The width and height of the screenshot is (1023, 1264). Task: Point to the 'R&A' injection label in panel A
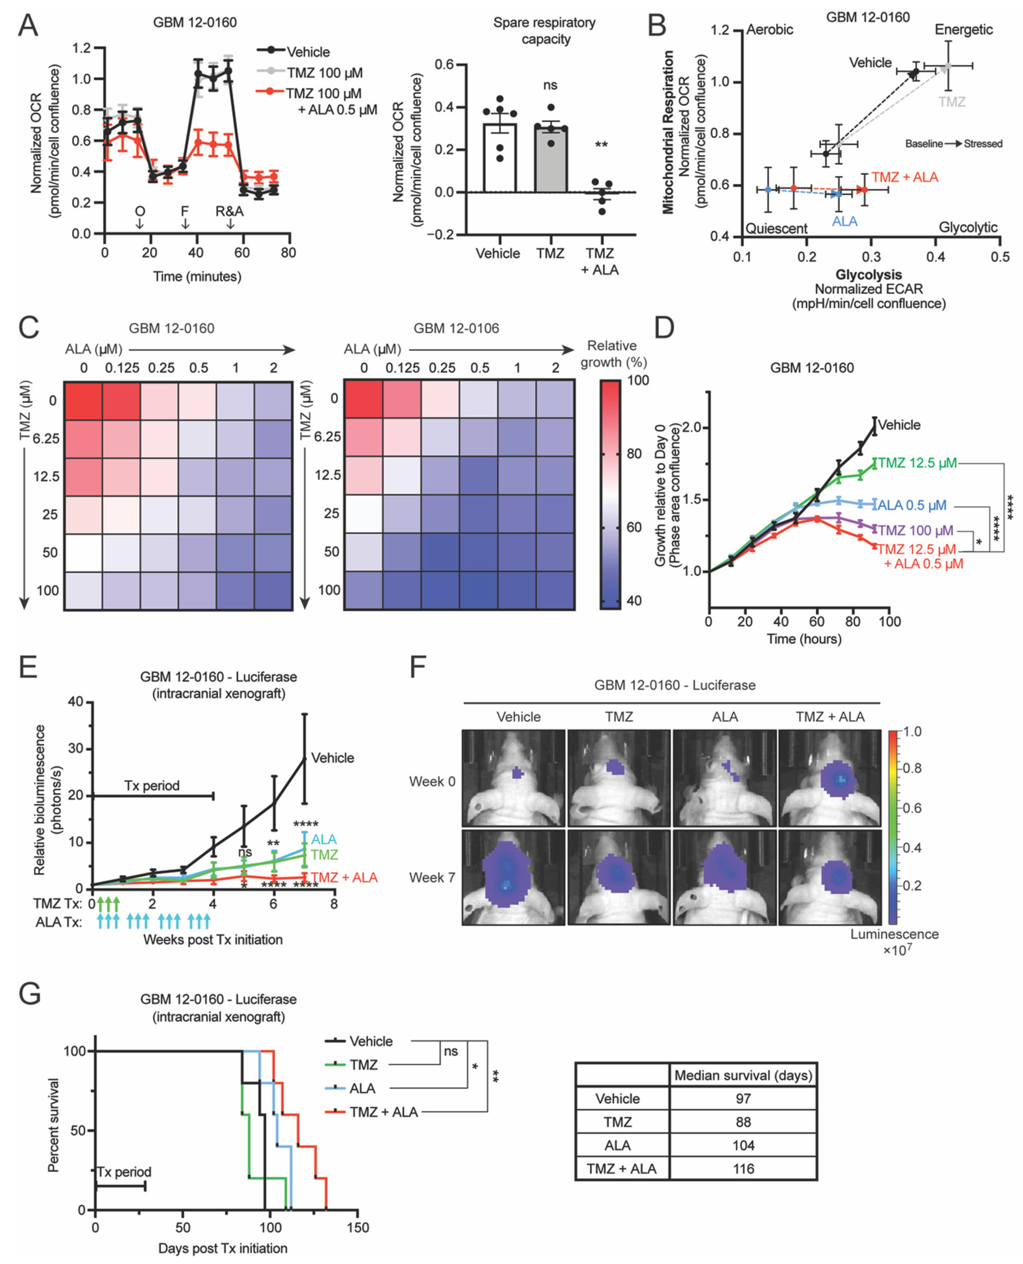click(x=229, y=211)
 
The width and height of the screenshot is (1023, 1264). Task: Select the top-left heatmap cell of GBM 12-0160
click(x=83, y=401)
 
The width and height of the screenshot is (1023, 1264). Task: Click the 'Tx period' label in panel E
click(x=151, y=785)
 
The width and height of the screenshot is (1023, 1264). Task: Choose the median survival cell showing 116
click(x=743, y=1169)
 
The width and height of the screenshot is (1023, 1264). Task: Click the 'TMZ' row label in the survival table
click(x=618, y=1121)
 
